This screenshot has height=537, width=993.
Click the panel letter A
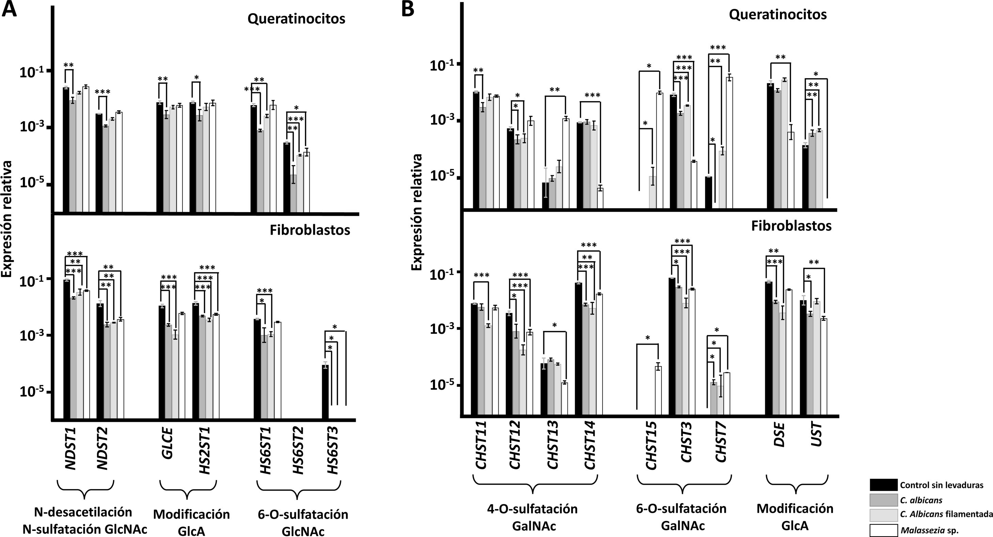[9, 9]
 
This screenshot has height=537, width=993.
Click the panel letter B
[408, 9]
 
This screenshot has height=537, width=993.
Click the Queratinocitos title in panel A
[296, 19]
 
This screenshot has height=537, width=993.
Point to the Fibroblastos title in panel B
[791, 226]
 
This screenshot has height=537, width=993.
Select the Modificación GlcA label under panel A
[191, 522]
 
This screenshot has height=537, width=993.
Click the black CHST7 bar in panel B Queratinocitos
[708, 193]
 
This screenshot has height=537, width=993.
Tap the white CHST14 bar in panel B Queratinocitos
[600, 199]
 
